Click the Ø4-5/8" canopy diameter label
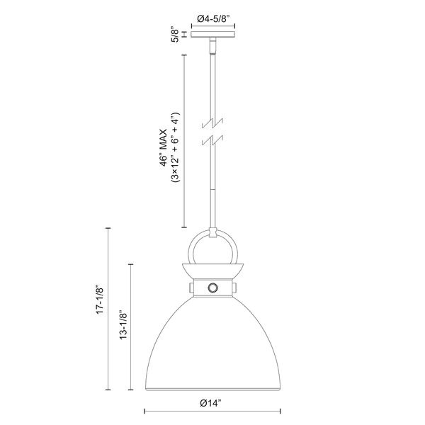coord(213,18)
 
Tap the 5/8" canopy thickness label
coord(176,35)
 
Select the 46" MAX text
coord(163,148)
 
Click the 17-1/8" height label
coord(100,299)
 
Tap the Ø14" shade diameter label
coord(210,403)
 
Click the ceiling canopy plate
coord(213,35)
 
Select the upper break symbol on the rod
coord(212,123)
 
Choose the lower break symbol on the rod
coord(212,140)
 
